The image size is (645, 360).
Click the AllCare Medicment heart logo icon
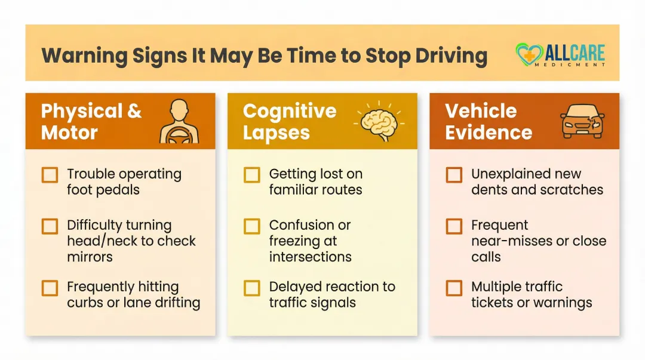(x=528, y=54)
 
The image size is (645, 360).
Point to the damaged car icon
(x=582, y=121)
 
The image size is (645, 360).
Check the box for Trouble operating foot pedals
(x=50, y=175)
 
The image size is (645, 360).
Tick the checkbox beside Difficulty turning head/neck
(x=50, y=226)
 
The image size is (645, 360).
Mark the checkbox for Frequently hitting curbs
(x=50, y=288)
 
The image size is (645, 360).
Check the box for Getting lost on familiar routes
(x=252, y=175)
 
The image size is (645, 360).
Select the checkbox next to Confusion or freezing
(x=252, y=226)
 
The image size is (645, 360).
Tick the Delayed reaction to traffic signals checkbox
(x=252, y=288)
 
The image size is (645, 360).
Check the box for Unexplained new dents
(x=454, y=175)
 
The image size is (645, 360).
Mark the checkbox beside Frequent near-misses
(x=454, y=226)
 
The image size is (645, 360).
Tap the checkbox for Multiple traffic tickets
(x=454, y=288)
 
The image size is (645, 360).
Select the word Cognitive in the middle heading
(x=290, y=112)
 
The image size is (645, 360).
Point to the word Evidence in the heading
(x=489, y=133)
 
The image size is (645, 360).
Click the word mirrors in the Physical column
(x=90, y=257)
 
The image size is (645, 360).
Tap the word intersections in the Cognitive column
(x=310, y=257)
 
